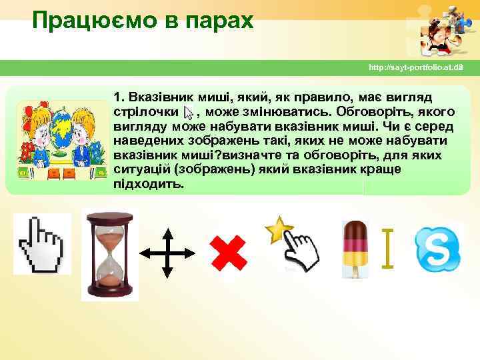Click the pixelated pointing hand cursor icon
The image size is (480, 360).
coord(41,244)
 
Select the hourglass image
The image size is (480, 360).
coord(110,254)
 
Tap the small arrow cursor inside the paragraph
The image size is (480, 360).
coord(188,112)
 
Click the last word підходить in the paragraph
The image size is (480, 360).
coord(148,184)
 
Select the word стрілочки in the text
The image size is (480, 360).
coord(145,111)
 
